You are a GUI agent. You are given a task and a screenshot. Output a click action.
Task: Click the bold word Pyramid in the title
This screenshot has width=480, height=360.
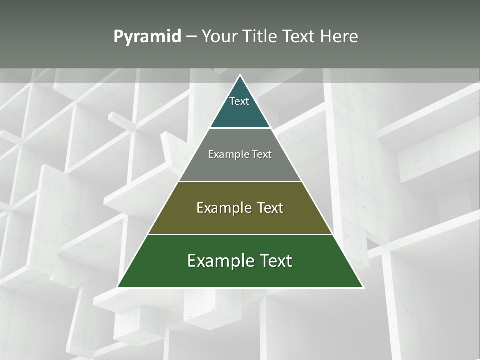pyautogui.click(x=147, y=37)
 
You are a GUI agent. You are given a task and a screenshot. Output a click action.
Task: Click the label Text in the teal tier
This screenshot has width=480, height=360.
pyautogui.click(x=239, y=101)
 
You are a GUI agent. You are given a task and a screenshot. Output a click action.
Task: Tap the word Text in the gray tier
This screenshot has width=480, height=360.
pyautogui.click(x=262, y=155)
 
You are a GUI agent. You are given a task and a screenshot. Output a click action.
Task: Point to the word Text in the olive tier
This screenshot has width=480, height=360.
pyautogui.click(x=270, y=208)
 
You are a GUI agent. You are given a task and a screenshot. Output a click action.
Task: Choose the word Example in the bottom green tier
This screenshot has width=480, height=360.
pyautogui.click(x=220, y=261)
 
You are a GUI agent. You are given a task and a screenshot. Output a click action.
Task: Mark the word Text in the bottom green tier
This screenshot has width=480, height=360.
pyautogui.click(x=276, y=261)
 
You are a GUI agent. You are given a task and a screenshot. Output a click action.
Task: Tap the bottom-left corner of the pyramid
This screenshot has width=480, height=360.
pyautogui.click(x=118, y=287)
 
